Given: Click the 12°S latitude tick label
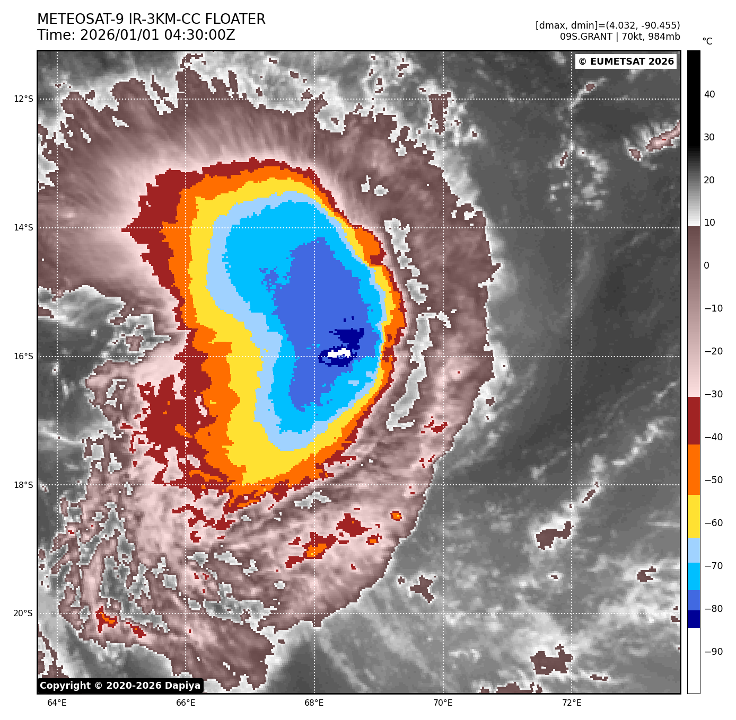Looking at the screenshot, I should pos(23,99).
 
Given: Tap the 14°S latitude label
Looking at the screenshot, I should pos(23,228).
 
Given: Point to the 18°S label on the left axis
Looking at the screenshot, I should pos(23,485).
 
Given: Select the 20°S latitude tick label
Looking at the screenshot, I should pos(23,614).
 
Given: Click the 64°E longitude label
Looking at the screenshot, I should pos(57,703).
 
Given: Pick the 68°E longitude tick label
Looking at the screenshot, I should pos(314,703).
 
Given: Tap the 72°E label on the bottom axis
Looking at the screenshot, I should pos(572,703).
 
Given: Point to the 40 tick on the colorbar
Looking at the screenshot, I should pos(709,94).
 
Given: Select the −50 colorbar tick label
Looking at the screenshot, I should pos(713,480).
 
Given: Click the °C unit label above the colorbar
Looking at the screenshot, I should pos(707,41).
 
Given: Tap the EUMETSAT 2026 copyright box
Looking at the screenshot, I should pos(626,61).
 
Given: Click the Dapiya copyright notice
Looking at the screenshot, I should pos(120,686).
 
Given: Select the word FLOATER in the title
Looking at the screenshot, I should pos(235,20).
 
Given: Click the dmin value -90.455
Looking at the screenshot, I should pos(658,25).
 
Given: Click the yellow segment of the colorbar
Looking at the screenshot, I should pos(694,517).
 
